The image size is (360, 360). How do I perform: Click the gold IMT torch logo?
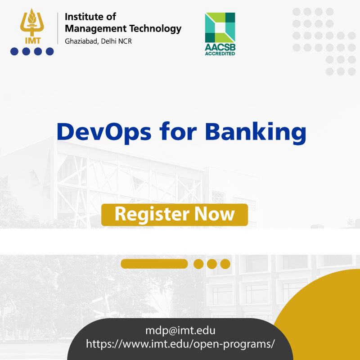click(32, 26)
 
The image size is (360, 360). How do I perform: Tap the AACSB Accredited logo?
click(220, 34)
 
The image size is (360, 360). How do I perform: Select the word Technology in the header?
click(155, 29)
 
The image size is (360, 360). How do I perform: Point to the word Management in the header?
click(96, 29)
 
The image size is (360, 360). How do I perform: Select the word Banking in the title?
click(256, 133)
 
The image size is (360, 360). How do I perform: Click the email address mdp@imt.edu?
click(180, 331)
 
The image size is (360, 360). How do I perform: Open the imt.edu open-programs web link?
click(180, 344)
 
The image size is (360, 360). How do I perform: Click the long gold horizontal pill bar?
click(154, 264)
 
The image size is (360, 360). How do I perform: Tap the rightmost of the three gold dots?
click(225, 264)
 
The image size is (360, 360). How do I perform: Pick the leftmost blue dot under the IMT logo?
click(14, 51)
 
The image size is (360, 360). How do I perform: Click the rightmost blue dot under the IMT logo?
click(49, 51)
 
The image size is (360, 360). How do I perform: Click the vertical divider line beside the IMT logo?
click(58, 28)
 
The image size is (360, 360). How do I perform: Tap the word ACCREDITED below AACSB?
click(220, 54)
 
